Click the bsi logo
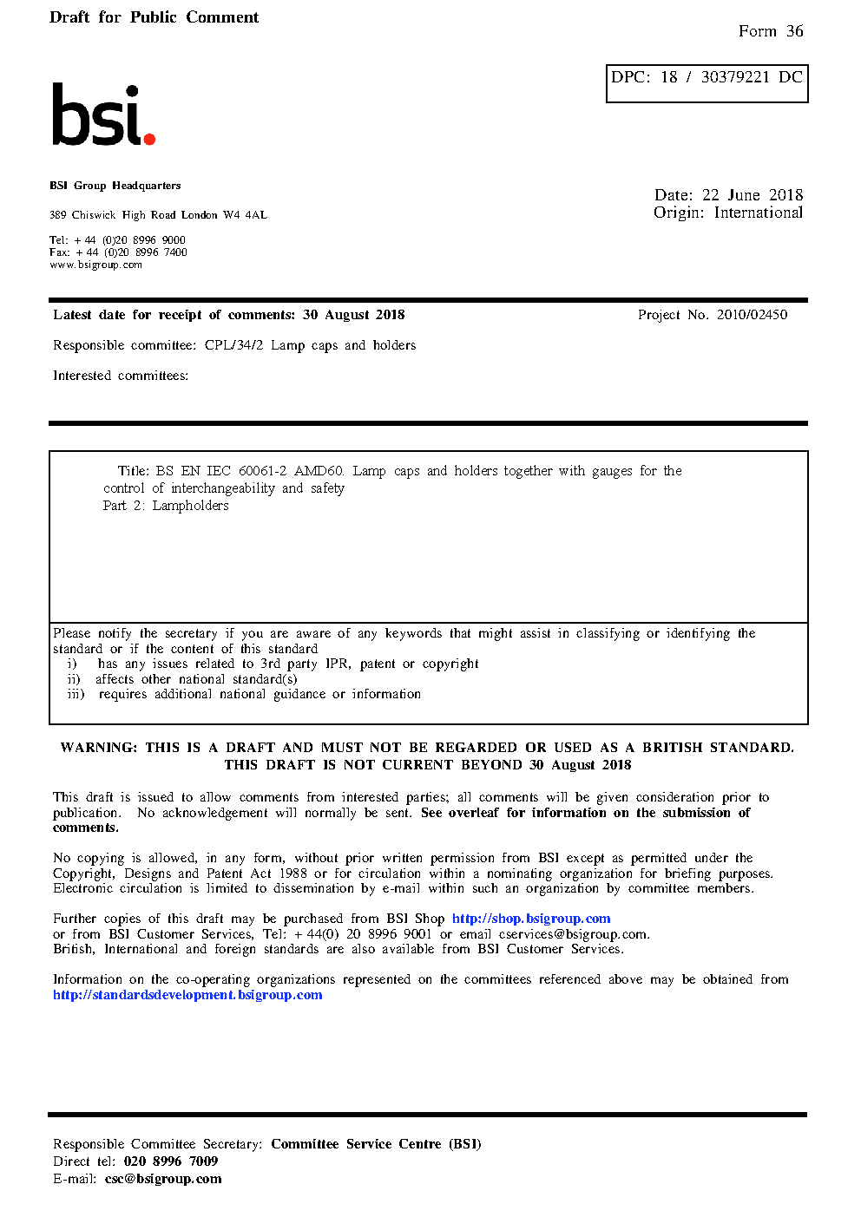[102, 115]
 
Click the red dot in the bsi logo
[149, 138]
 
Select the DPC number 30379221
[735, 77]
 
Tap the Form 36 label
[771, 31]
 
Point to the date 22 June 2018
[753, 195]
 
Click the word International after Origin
[759, 213]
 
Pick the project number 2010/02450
[752, 315]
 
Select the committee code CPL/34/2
[233, 345]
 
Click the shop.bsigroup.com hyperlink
[531, 919]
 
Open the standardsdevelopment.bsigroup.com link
[187, 995]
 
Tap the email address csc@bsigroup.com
[163, 1179]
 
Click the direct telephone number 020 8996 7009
[171, 1161]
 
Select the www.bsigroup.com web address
[95, 265]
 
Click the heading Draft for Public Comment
[154, 17]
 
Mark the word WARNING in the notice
[98, 748]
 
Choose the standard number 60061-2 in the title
[262, 471]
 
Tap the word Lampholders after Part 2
[190, 506]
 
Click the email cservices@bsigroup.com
[573, 934]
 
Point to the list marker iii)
[76, 694]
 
